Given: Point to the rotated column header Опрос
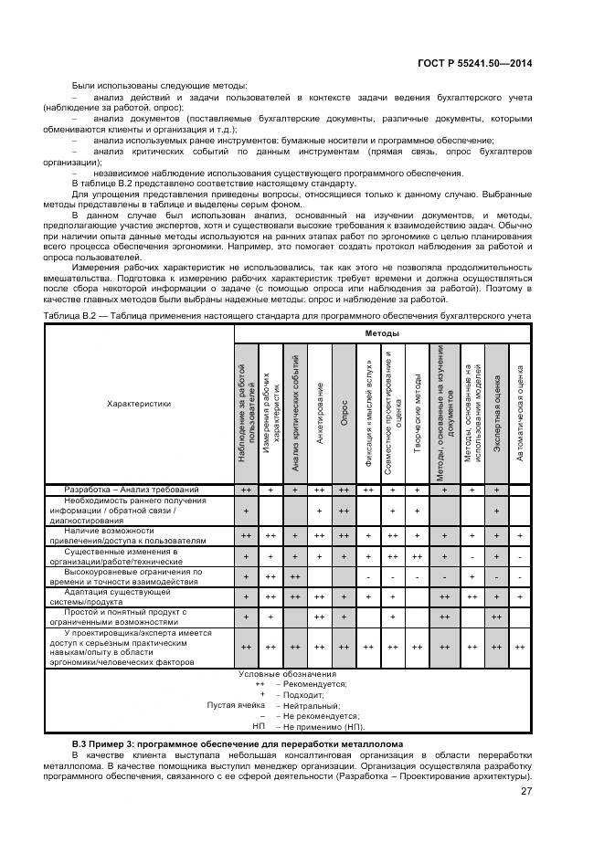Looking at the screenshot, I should pos(344,412).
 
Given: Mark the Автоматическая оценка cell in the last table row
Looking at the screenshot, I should pos(520,647).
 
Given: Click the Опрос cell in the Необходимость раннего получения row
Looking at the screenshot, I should pos(344,511).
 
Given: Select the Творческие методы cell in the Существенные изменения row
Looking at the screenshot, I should pos(417,555).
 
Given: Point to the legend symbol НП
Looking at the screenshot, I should pos(258,727).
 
